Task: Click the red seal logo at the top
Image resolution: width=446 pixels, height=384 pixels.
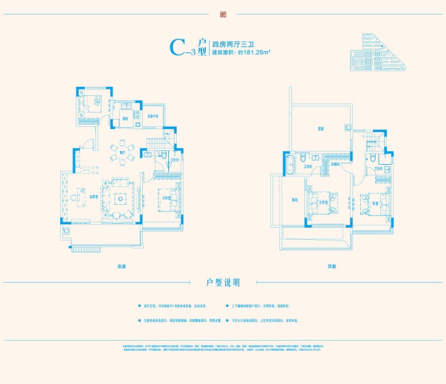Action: pyautogui.click(x=222, y=15)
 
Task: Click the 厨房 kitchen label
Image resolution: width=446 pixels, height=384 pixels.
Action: pyautogui.click(x=125, y=119)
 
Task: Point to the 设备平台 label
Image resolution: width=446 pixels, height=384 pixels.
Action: pyautogui.click(x=153, y=116)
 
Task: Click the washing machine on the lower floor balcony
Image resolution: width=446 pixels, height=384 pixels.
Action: pyautogui.click(x=67, y=231)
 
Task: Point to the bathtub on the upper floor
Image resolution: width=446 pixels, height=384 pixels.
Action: pyautogui.click(x=289, y=165)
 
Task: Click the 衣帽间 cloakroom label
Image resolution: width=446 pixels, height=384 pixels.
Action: pyautogui.click(x=335, y=164)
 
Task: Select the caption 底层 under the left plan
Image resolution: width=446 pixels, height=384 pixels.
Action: pyautogui.click(x=122, y=267)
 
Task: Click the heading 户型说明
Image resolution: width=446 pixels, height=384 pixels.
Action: pyautogui.click(x=222, y=283)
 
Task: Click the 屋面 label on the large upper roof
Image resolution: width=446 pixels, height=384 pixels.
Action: pyautogui.click(x=321, y=129)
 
